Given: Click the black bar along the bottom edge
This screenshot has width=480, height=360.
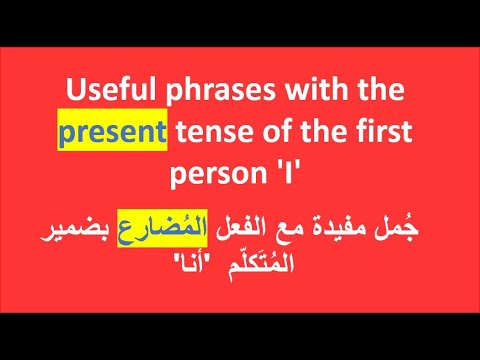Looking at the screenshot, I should [x=240, y=337].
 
